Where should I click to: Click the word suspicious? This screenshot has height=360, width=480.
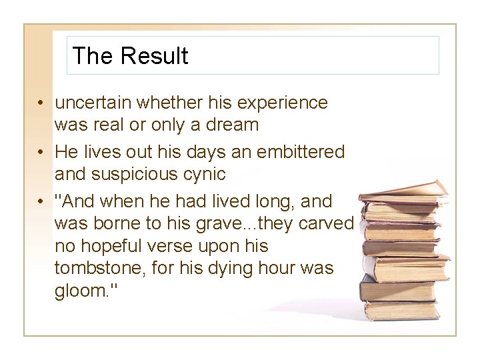137,175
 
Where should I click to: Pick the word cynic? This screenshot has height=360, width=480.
203,175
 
